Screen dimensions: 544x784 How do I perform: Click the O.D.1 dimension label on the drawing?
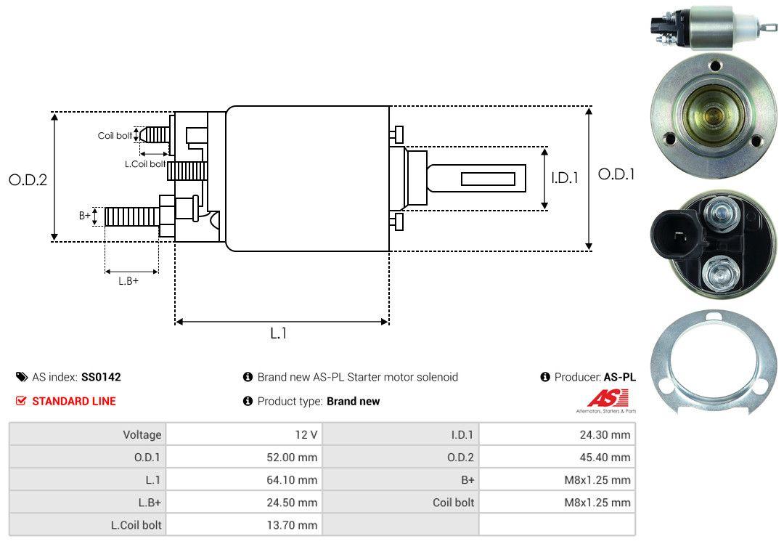click(616, 174)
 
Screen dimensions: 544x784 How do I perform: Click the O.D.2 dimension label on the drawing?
click(28, 179)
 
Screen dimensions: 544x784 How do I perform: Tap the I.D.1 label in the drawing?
click(564, 177)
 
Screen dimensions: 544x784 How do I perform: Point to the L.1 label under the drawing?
click(279, 333)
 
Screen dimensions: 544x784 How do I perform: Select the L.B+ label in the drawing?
click(128, 281)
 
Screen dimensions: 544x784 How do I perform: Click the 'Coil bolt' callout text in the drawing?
click(115, 136)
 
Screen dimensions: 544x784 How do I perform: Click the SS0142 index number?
click(101, 377)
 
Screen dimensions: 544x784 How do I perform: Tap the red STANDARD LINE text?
click(73, 401)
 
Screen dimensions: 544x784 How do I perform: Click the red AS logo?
click(608, 398)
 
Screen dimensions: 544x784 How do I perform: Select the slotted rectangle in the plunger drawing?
click(488, 179)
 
